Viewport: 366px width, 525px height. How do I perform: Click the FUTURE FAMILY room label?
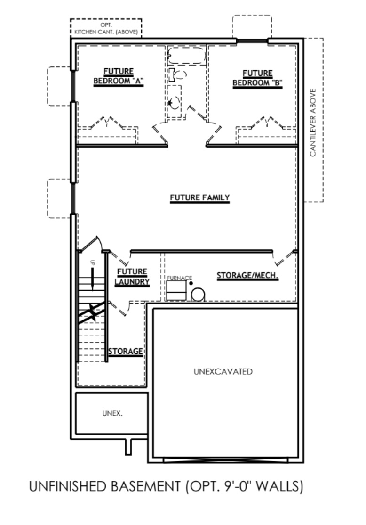click(x=199, y=198)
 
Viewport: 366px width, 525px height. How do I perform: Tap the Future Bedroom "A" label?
click(x=118, y=77)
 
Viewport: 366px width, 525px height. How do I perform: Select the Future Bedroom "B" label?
click(x=257, y=78)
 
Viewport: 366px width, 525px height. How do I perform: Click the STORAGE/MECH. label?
click(x=247, y=276)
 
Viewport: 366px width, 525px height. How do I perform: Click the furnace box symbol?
click(x=176, y=291)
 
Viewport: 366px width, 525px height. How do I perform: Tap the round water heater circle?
click(x=198, y=294)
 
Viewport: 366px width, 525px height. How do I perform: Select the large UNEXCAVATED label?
click(x=223, y=372)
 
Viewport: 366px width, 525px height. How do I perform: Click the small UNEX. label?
click(x=112, y=414)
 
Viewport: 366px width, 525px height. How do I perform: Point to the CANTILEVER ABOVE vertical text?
click(x=313, y=122)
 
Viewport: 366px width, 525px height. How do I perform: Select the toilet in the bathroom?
click(x=179, y=74)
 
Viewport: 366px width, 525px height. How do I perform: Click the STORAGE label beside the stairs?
click(x=126, y=352)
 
